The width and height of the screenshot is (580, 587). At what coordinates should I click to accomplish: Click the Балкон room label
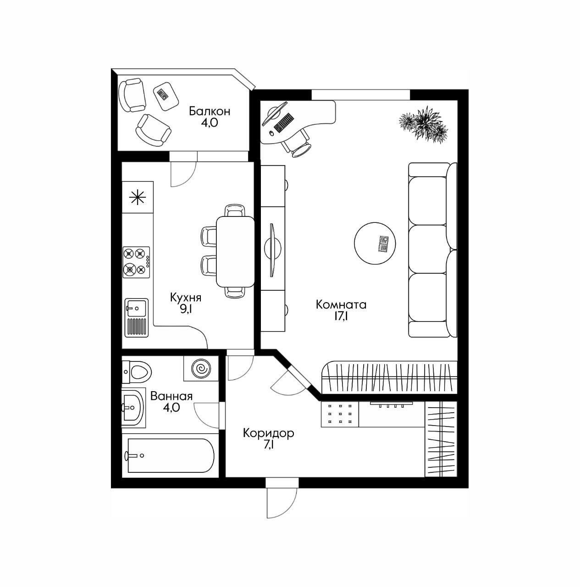(210, 111)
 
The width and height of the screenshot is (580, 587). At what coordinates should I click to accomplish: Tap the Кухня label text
(186, 297)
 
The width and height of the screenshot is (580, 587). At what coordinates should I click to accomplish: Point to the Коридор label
(268, 433)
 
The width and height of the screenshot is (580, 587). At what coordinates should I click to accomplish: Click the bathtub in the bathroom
(170, 455)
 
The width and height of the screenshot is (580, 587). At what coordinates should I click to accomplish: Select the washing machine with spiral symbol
(200, 369)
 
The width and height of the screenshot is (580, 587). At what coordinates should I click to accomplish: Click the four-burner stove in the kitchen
(137, 262)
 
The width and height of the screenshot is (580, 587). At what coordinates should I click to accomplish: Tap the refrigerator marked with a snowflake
(137, 198)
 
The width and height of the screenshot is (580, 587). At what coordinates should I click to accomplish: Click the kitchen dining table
(235, 251)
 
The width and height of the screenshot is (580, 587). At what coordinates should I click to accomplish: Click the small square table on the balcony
(165, 95)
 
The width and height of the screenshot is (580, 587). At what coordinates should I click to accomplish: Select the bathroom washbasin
(133, 407)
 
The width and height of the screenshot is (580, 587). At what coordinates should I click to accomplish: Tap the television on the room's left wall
(271, 250)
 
